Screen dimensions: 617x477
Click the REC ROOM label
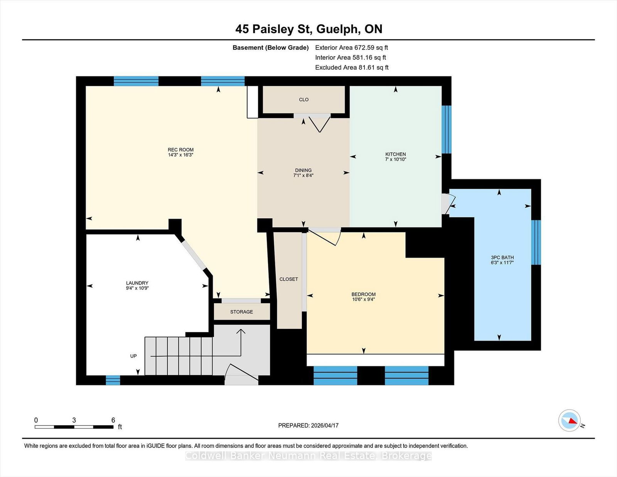point(180,150)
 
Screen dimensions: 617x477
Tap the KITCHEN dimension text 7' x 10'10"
point(396,159)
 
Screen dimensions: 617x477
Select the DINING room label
point(303,170)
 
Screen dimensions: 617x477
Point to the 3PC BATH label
point(502,258)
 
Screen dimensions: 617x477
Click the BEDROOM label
point(363,294)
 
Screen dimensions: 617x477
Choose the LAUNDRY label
point(137,283)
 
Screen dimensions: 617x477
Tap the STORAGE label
point(241,312)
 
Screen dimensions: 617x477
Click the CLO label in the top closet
point(303,99)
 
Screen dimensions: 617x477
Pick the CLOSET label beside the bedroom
point(288,279)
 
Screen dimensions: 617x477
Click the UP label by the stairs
point(133,356)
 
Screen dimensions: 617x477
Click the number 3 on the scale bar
point(74,420)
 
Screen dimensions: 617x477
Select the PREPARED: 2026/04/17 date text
point(308,425)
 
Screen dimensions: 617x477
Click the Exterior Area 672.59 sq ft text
point(352,47)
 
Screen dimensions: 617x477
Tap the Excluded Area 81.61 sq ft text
point(352,67)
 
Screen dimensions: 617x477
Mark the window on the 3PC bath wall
point(536,242)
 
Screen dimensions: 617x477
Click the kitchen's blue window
point(447,130)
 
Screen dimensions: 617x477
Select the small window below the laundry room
point(113,380)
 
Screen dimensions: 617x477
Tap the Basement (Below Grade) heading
point(271,47)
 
